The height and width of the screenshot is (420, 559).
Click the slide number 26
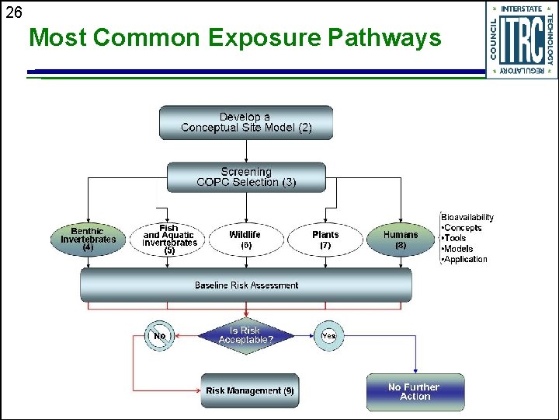pyautogui.click(x=15, y=12)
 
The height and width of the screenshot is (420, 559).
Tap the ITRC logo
pyautogui.click(x=521, y=40)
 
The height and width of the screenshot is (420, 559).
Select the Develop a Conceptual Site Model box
pyautogui.click(x=246, y=123)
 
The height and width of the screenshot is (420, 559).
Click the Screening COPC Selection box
pyautogui.click(x=246, y=177)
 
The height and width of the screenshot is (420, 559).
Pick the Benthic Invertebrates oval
pyautogui.click(x=88, y=240)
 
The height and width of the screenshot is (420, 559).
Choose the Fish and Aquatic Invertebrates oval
pyautogui.click(x=169, y=240)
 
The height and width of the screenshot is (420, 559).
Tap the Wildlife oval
pyautogui.click(x=245, y=240)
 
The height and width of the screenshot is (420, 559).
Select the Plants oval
pyautogui.click(x=325, y=240)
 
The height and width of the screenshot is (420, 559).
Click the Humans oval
pyautogui.click(x=401, y=240)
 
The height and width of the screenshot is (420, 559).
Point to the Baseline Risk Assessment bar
pyautogui.click(x=246, y=285)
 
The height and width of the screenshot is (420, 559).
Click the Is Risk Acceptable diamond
pyautogui.click(x=246, y=336)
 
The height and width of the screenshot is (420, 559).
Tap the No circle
pyautogui.click(x=159, y=336)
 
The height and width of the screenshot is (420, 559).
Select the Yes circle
pyautogui.click(x=328, y=336)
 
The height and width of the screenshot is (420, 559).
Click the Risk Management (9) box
pyautogui.click(x=250, y=390)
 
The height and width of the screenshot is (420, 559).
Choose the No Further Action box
pyautogui.click(x=415, y=392)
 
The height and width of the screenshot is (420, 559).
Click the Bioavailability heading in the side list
pyautogui.click(x=467, y=217)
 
